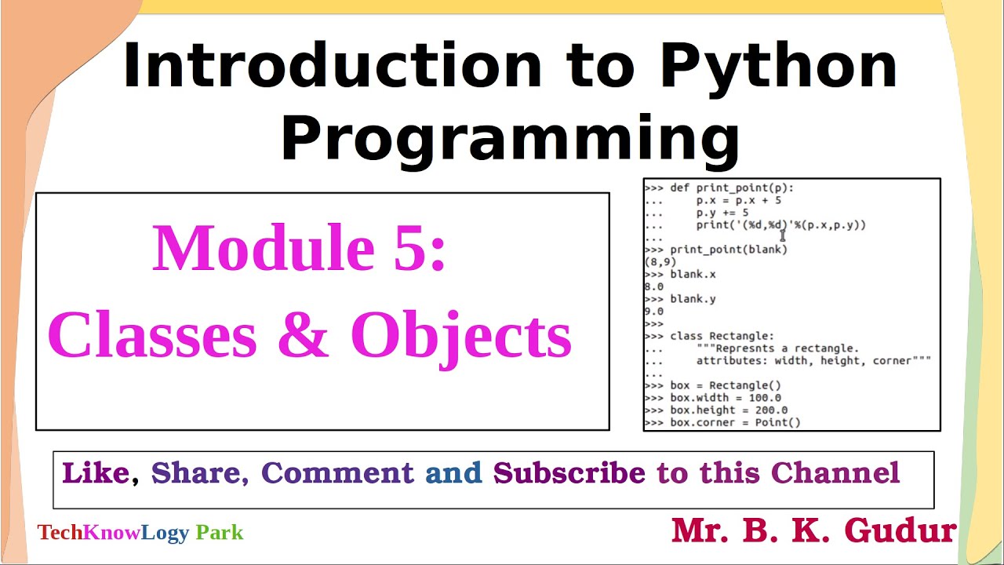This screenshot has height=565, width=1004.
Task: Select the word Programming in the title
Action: click(510, 140)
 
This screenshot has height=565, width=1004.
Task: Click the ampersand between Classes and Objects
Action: click(304, 335)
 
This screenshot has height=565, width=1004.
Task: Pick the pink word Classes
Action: click(152, 335)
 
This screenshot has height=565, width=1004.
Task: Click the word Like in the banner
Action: click(95, 473)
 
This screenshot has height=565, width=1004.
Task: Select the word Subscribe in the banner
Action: click(569, 473)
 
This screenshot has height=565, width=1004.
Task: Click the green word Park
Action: click(220, 533)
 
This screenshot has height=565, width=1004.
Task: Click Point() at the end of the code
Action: click(777, 422)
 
